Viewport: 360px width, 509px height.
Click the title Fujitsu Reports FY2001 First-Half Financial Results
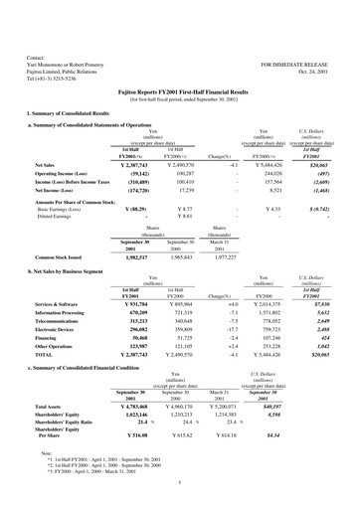pyautogui.click(x=180, y=91)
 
